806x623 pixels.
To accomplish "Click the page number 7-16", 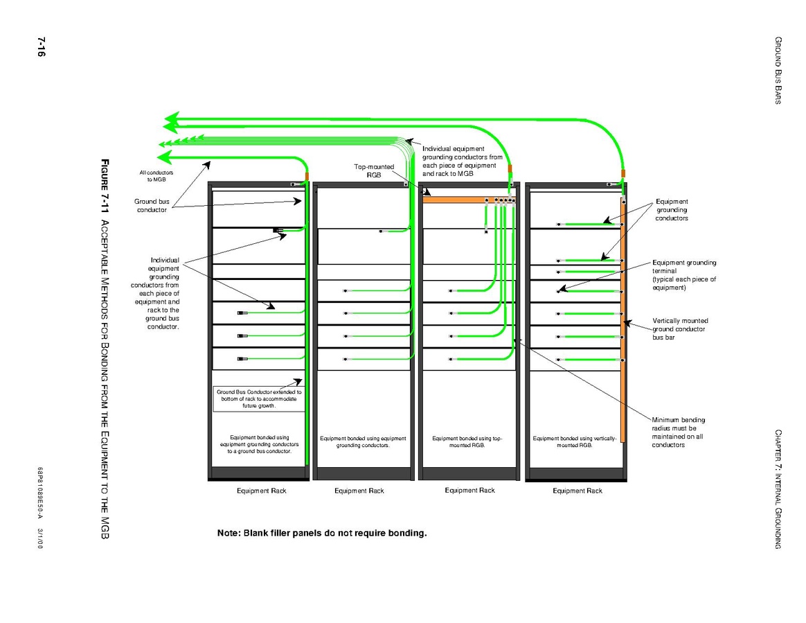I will point(39,47).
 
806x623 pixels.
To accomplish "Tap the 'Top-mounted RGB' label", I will point(374,171).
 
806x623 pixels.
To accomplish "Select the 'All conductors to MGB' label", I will point(156,175).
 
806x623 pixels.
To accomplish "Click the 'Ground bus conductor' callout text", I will point(150,206).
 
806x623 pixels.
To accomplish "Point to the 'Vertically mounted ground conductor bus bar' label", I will point(680,329).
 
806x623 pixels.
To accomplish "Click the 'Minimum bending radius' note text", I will point(678,432).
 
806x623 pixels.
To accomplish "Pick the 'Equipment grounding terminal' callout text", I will point(684,275).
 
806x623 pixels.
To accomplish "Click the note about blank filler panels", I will point(322,534).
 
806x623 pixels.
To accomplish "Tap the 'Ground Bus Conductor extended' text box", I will point(259,398).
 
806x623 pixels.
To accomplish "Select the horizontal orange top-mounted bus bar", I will point(454,200).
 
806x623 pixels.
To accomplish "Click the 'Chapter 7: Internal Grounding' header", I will point(778,489).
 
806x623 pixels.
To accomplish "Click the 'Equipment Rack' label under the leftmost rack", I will point(261,491).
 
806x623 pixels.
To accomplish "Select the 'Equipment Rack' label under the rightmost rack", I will point(577,491).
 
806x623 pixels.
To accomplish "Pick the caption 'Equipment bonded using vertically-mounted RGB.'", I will point(575,441).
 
